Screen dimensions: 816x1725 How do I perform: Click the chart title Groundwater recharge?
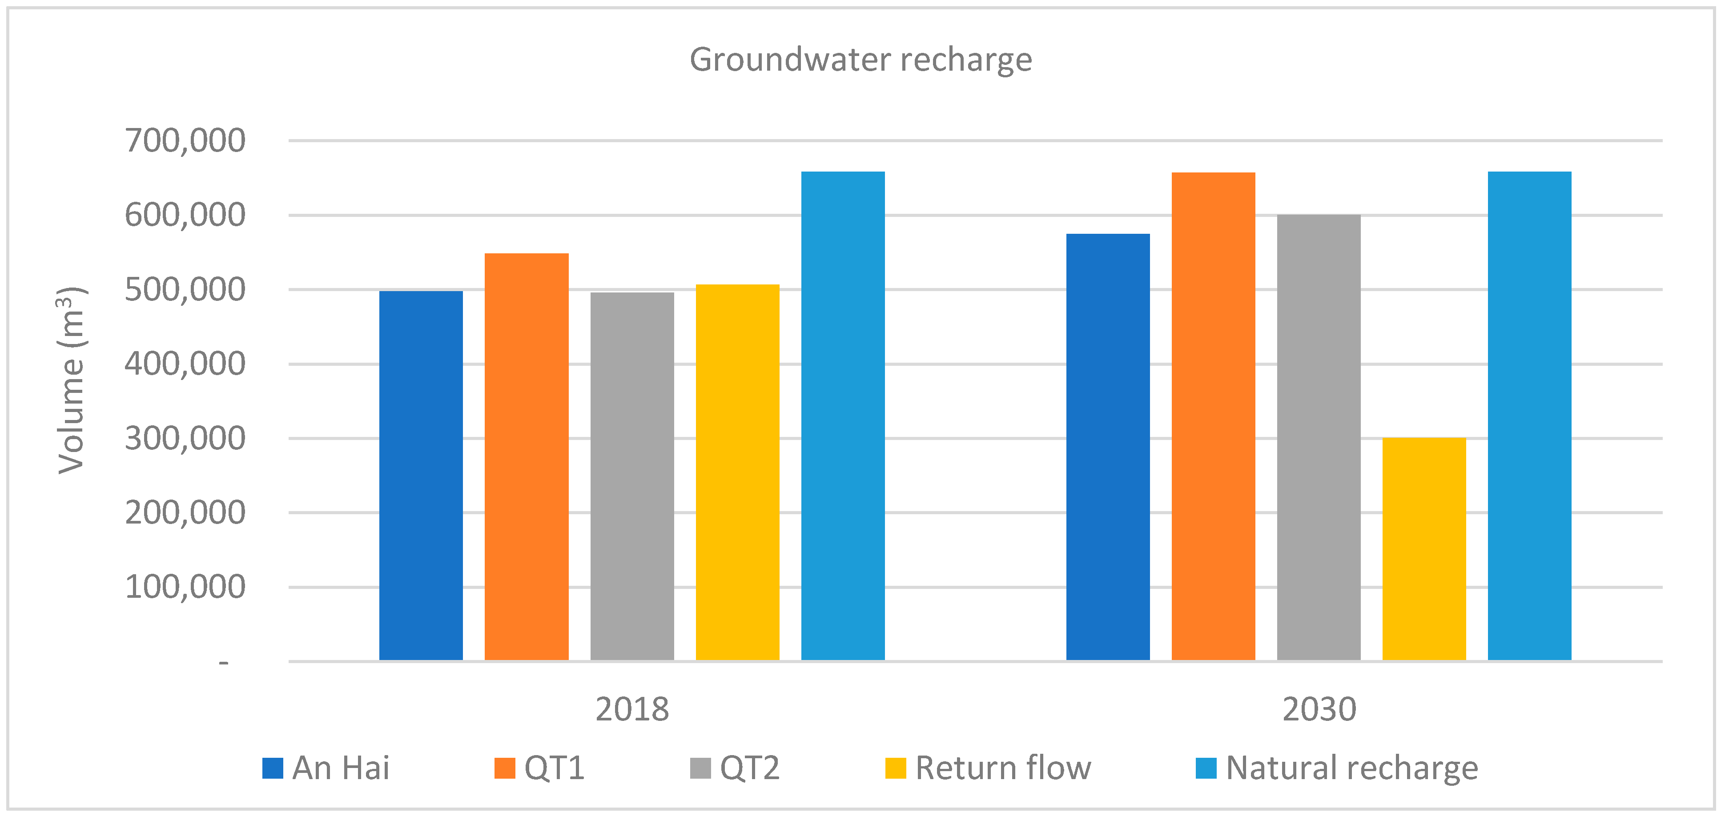click(x=860, y=60)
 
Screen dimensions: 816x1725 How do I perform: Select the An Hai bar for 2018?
click(x=421, y=475)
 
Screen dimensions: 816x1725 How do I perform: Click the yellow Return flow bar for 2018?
click(x=737, y=472)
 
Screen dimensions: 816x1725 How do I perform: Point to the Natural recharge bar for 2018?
click(x=842, y=416)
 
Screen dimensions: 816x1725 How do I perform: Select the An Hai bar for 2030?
click(x=1108, y=447)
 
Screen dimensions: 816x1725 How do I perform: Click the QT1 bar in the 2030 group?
click(x=1213, y=416)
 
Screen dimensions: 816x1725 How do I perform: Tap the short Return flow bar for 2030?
click(x=1423, y=549)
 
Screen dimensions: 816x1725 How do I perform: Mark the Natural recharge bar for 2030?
click(x=1529, y=416)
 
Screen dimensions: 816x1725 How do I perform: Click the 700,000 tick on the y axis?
click(x=185, y=140)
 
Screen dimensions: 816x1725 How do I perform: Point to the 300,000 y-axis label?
click(x=185, y=439)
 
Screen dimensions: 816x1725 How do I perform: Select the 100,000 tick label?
click(x=185, y=587)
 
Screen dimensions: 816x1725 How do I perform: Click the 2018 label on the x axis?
click(x=631, y=709)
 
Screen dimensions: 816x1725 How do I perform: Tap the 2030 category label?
click(x=1319, y=709)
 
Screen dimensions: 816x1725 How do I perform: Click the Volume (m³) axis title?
click(x=72, y=380)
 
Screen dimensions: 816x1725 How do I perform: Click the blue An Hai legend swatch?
click(x=273, y=768)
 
